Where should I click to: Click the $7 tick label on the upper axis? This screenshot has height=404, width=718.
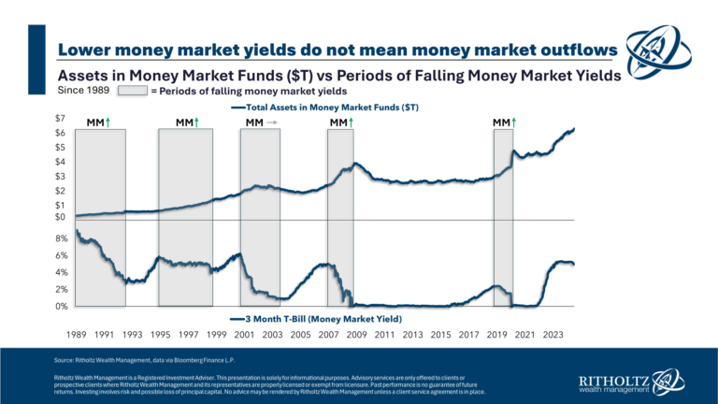click(x=59, y=118)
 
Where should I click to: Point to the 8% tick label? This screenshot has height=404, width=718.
click(x=61, y=238)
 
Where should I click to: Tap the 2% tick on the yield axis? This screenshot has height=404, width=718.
click(x=61, y=290)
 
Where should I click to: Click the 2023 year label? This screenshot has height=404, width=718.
click(x=553, y=333)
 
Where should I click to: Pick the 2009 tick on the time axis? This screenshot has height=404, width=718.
click(x=356, y=333)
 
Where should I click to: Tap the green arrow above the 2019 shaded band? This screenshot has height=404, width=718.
click(x=513, y=123)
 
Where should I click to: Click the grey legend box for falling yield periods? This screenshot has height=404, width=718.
click(x=131, y=92)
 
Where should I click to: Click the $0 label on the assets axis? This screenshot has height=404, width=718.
click(x=60, y=218)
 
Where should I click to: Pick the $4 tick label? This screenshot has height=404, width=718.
click(x=59, y=161)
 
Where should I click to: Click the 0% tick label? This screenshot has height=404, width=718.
click(x=61, y=307)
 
